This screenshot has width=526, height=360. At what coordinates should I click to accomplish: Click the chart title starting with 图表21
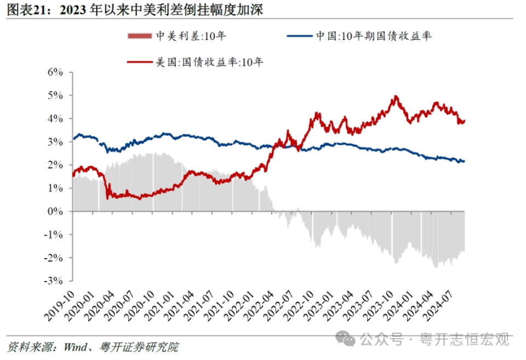point(134,9)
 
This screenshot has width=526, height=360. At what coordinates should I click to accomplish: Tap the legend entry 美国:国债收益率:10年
point(210,62)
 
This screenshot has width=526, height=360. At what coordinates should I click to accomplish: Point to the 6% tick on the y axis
point(56,72)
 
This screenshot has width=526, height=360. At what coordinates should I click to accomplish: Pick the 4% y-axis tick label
point(56,119)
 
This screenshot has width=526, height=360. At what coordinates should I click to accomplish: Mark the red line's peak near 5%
point(395,96)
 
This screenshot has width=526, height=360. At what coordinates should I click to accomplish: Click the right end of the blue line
point(464,161)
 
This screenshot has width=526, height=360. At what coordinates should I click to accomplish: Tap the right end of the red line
point(464,121)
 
